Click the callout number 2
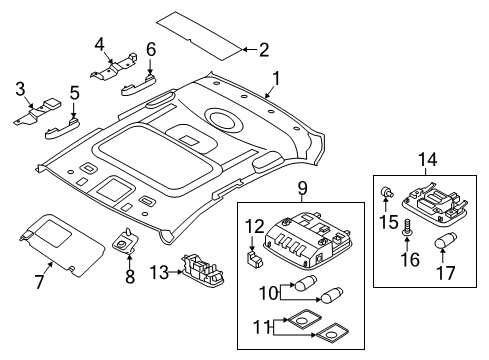coord(264,50)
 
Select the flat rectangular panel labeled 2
coord(199,35)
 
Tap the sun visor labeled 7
coord(62,245)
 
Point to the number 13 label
coord(159,273)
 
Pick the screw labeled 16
coord(407,227)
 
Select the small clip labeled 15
coord(387,192)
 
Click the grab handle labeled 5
coord(63,128)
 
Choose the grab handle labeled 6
coord(138,85)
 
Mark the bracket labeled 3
coord(37,112)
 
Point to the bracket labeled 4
coord(114,66)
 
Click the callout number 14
coord(427,160)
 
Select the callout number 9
coord(302,189)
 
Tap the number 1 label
coord(276,79)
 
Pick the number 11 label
coord(261,327)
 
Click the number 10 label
coord(269,293)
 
